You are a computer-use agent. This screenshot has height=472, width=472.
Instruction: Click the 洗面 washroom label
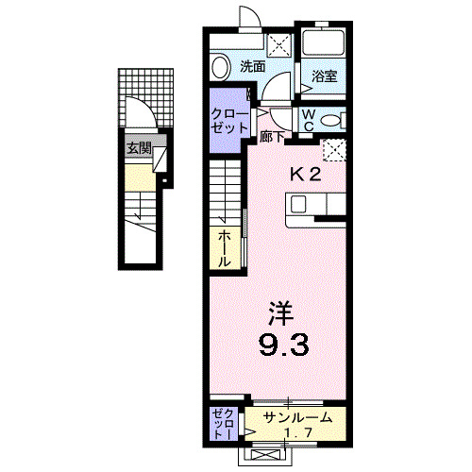[x=252, y=66]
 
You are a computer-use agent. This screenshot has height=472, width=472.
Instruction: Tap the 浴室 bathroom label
[x=325, y=76]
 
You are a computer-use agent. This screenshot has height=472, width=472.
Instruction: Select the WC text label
[x=309, y=120]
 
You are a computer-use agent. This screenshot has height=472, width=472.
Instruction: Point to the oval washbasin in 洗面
[x=220, y=67]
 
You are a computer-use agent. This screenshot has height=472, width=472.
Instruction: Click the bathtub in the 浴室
[x=323, y=42]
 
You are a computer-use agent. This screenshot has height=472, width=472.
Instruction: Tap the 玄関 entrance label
[x=139, y=148]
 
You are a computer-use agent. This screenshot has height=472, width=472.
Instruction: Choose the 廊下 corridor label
[x=272, y=137]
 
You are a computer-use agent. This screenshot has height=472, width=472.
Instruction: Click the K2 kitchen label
[x=305, y=174]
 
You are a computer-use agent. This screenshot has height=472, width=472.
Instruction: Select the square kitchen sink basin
[x=298, y=204]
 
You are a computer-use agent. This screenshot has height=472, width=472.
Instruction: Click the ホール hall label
[x=226, y=248]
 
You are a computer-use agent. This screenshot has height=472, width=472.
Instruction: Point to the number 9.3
[x=283, y=345]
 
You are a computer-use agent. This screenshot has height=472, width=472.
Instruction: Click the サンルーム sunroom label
[x=297, y=417]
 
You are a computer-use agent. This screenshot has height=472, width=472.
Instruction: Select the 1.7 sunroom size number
[x=297, y=433]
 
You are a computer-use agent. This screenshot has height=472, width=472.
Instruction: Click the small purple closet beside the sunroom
[x=224, y=424]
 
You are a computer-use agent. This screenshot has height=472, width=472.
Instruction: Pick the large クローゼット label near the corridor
[x=229, y=121]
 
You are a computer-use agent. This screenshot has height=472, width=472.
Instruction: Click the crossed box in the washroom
[x=279, y=45]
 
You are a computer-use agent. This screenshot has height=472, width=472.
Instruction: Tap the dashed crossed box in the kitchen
[x=334, y=150]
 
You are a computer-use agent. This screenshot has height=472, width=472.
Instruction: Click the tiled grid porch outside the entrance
[x=146, y=98]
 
